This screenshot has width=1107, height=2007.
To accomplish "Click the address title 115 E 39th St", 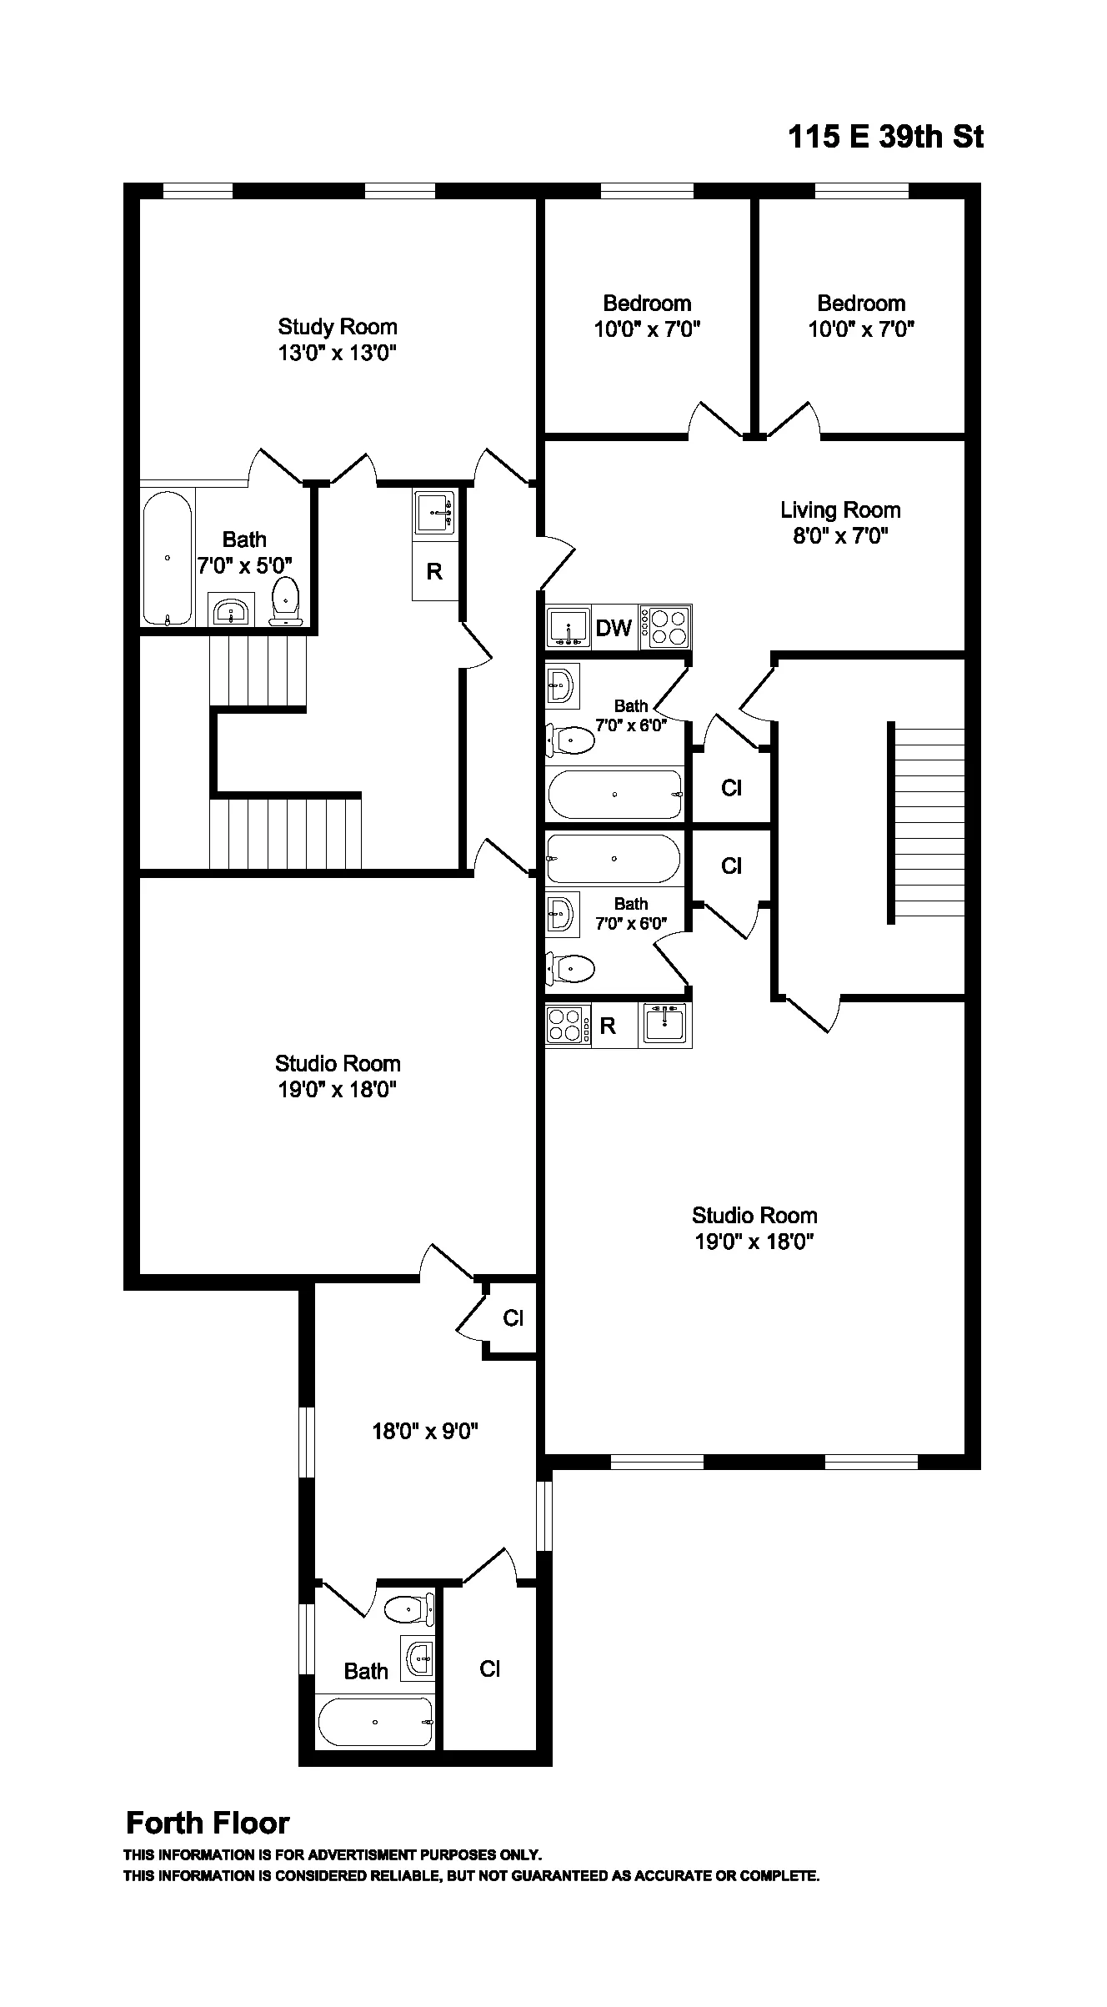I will pos(885,137).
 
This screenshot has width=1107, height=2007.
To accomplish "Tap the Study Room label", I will pos(337,327).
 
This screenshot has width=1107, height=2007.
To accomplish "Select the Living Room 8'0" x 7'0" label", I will pos(839,523).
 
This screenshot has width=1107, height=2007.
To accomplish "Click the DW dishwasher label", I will pos(614,628).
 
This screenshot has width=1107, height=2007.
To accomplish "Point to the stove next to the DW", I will pos(666,628).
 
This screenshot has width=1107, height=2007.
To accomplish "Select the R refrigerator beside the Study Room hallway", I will pos(434,572).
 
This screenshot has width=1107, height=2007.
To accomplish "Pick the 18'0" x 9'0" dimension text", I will pos(424,1432).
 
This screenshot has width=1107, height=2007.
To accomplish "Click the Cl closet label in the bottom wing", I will pos(489,1668).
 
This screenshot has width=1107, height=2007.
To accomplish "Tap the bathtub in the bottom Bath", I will pos(375,1722).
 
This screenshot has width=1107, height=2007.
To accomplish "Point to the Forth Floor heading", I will pos(208,1824).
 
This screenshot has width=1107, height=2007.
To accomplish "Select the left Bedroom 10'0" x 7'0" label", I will pos(647,316).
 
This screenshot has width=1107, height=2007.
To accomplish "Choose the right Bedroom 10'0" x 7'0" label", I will pos(861,316).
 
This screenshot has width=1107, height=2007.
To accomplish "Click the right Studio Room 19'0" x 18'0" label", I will pos(754,1228).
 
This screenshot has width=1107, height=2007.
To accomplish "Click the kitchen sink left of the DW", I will pos(568,628).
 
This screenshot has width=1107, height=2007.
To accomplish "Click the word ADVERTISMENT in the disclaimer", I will pos(363,1855).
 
